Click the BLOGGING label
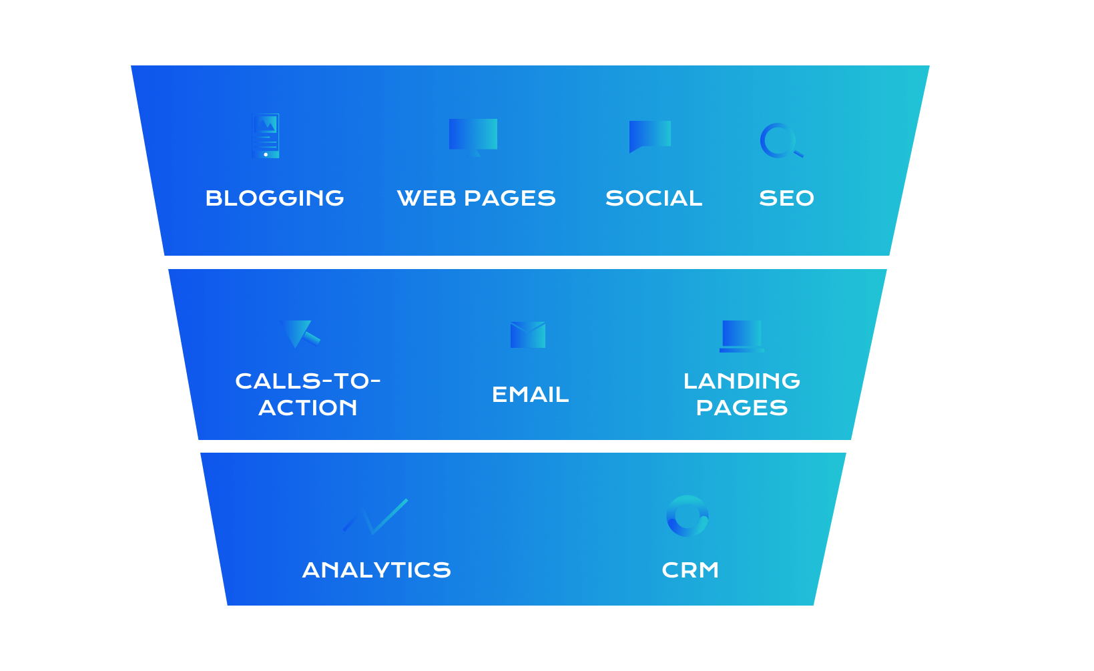(x=274, y=198)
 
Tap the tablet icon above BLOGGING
(x=266, y=136)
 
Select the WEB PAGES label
(x=476, y=198)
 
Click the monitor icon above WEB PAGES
(x=473, y=136)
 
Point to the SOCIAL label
(x=653, y=198)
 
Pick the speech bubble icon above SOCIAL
(x=649, y=136)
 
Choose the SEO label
(x=786, y=198)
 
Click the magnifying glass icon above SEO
(x=780, y=141)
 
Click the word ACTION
(x=308, y=408)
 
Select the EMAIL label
(x=530, y=395)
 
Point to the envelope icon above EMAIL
(x=528, y=334)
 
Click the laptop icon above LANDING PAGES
(x=742, y=336)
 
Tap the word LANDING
(x=742, y=381)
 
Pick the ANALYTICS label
(x=376, y=570)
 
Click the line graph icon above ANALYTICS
(x=375, y=516)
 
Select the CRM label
(x=690, y=570)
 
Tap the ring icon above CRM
(x=688, y=516)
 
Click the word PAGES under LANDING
(x=742, y=408)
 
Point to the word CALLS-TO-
(x=308, y=381)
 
